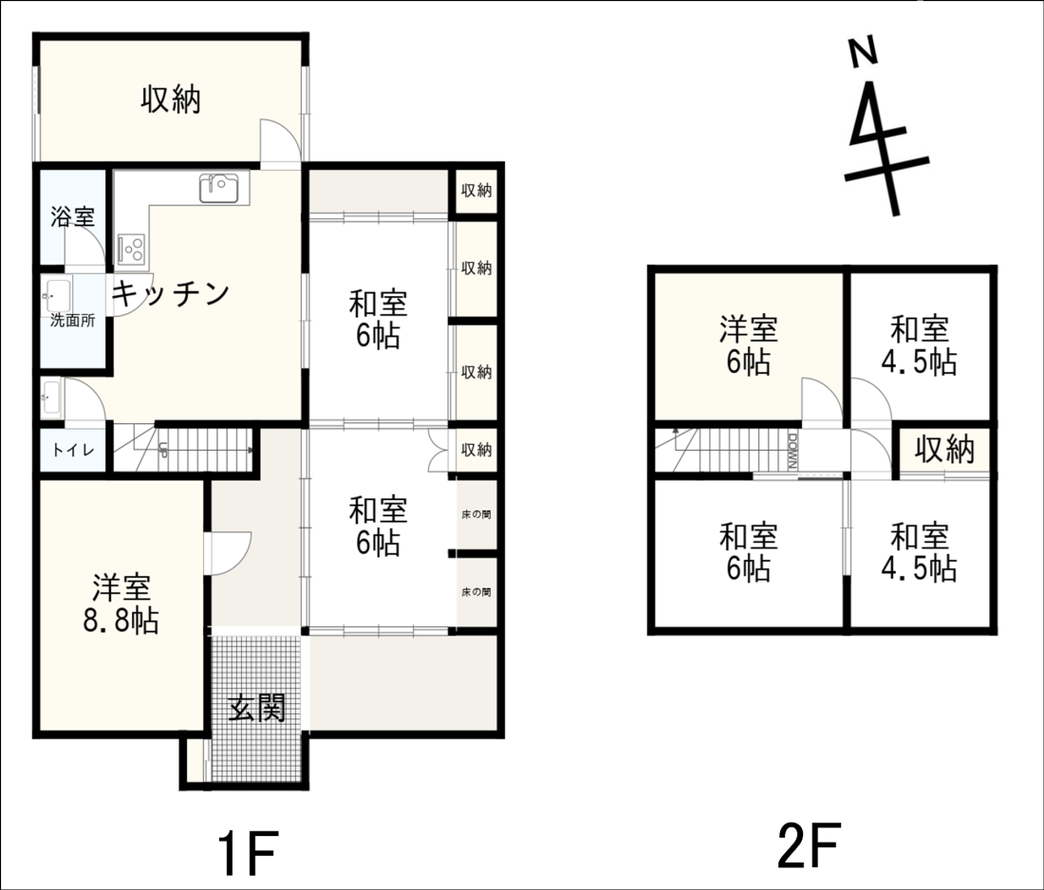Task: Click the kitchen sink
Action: (219, 189)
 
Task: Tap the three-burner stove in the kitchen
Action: (132, 250)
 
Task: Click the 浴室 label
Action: (72, 217)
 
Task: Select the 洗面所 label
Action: (72, 321)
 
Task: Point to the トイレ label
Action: (72, 450)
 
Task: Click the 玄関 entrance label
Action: (257, 707)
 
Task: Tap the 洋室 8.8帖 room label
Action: (121, 603)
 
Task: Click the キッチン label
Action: (171, 293)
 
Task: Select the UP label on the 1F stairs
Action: (161, 450)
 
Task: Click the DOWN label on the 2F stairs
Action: (792, 452)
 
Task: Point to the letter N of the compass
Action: (863, 52)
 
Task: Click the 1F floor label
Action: (247, 853)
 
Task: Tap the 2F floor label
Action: (810, 845)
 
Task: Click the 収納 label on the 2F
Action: (944, 450)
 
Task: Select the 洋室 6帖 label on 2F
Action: (749, 345)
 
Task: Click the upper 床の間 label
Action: (476, 514)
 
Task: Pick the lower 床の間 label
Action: (476, 592)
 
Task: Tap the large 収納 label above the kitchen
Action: (171, 100)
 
